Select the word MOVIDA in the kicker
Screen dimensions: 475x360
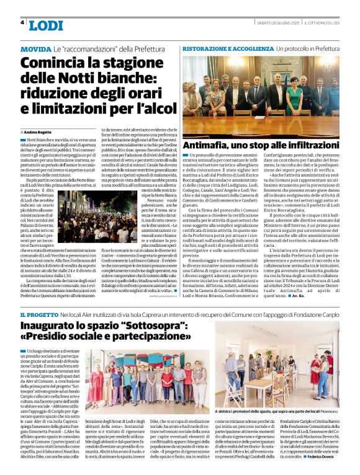pos(36,48)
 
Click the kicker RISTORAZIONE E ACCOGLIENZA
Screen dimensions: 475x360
pos(228,48)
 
